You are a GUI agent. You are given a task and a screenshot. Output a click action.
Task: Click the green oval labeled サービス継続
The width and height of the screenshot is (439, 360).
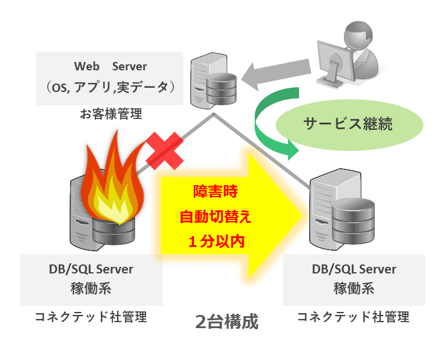(348, 124)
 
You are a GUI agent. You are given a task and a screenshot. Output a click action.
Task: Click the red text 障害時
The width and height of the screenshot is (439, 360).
(215, 192)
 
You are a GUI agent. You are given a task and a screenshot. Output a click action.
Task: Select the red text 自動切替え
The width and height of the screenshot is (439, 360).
(215, 216)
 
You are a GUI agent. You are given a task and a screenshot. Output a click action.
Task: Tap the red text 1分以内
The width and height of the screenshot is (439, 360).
(215, 241)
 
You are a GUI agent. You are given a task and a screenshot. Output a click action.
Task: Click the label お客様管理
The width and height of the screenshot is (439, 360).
(111, 113)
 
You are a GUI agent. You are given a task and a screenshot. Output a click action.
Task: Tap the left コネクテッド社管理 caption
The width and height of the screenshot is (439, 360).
(91, 316)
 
